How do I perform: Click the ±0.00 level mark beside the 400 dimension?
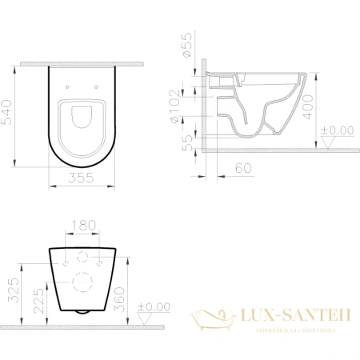point(337,130)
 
